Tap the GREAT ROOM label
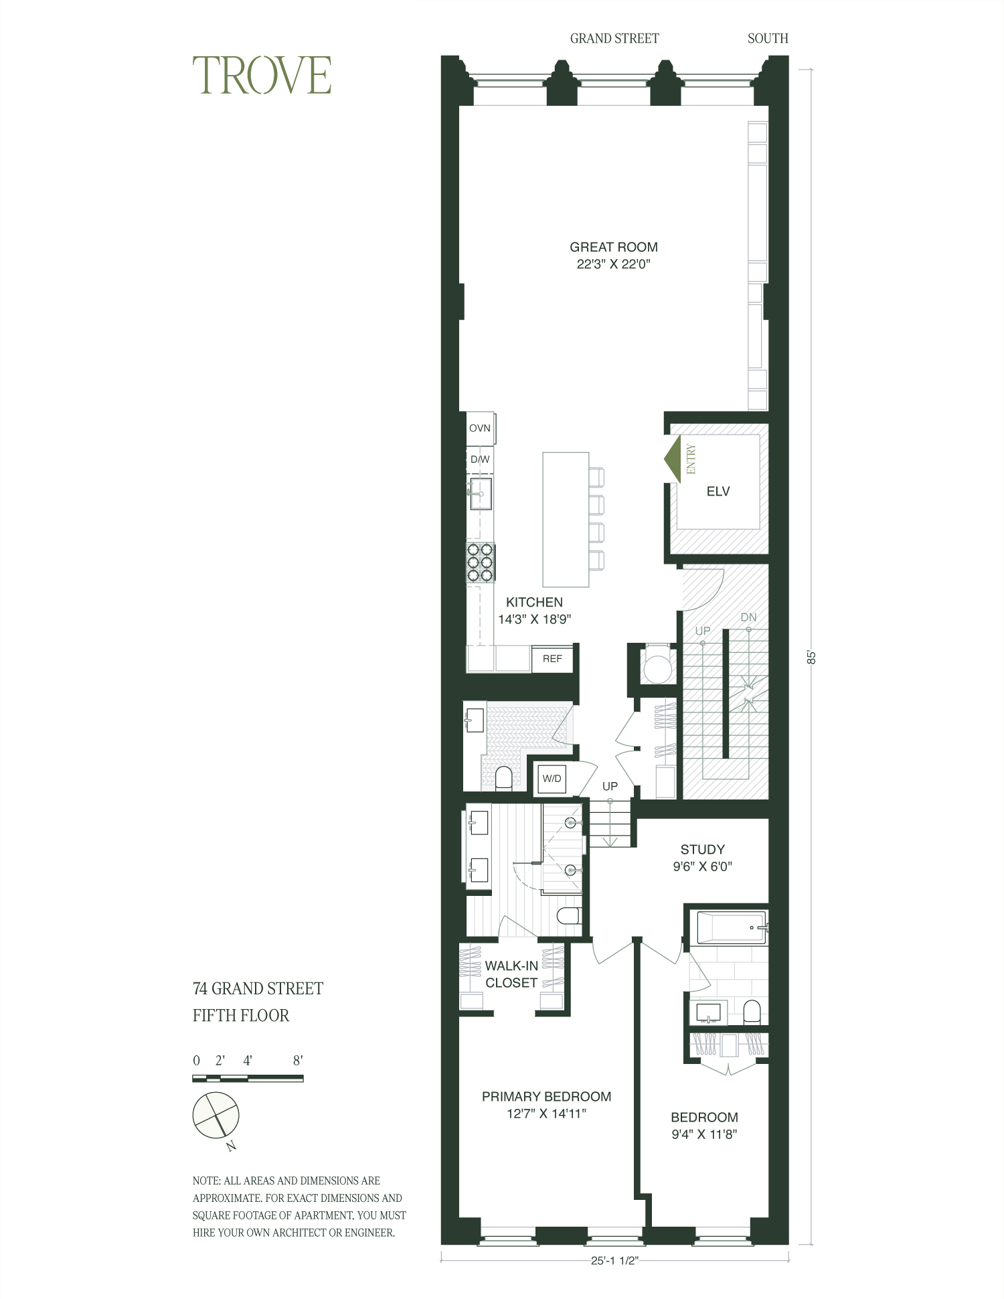614,247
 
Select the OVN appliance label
480,429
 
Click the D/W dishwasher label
480,459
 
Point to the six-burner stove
481,562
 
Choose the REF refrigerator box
552,659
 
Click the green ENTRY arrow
673,459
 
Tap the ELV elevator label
718,491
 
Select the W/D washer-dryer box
552,779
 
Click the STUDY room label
702,850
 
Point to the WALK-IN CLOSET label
511,974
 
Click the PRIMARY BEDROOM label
546,1097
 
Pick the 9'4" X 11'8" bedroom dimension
704,1135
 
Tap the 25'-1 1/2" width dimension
614,1261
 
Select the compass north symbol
216,1116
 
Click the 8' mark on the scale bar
298,1061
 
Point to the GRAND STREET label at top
614,39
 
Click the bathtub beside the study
731,927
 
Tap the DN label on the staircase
748,617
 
